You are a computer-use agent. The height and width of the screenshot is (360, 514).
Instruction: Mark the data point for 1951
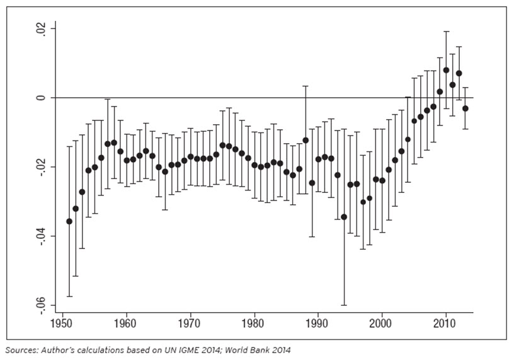pos(69,221)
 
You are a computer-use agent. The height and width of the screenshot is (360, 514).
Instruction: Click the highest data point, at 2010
pos(446,70)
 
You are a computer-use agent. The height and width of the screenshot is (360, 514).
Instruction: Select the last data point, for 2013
pos(465,108)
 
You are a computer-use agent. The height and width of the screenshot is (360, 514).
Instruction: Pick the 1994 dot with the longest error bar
pos(344,217)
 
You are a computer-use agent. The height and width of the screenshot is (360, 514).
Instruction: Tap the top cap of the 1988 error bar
pos(306,86)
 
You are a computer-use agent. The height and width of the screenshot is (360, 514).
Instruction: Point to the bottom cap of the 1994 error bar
pos(344,305)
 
